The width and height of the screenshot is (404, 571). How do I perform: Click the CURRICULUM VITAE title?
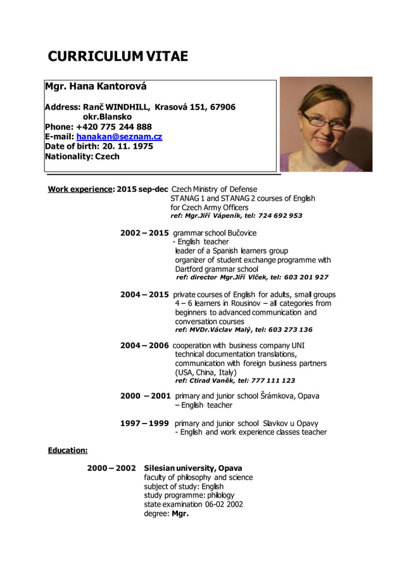coord(118,56)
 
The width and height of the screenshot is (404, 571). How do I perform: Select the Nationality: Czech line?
coord(82,156)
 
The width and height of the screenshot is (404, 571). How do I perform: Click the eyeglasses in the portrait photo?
coord(320,118)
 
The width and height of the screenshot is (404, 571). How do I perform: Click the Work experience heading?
coord(80,189)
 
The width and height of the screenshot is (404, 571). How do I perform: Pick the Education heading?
coord(68,451)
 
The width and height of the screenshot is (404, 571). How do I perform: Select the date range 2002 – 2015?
coord(144,233)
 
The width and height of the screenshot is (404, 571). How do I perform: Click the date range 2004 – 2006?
coord(144,345)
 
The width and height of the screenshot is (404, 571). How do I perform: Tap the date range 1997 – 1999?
coord(144,423)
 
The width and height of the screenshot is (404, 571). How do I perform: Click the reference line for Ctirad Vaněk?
coord(235,380)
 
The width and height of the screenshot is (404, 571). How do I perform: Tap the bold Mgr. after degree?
coord(180,513)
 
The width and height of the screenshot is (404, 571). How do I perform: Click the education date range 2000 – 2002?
coord(111,468)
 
